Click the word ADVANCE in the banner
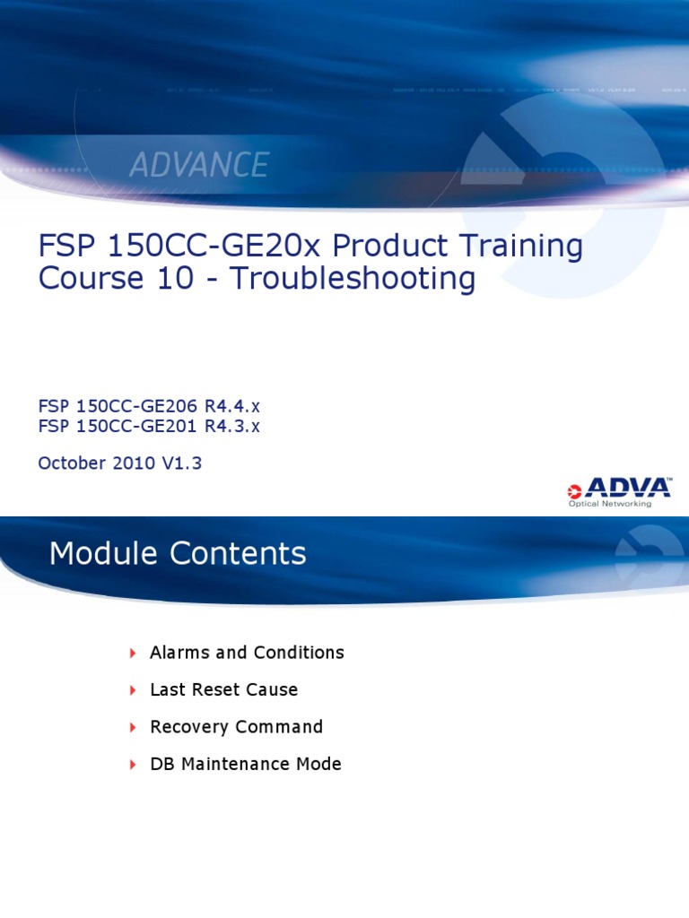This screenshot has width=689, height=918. tap(199, 165)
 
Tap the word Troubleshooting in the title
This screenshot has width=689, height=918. tap(353, 279)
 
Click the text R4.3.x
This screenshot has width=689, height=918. tap(231, 426)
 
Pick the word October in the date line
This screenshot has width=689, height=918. tap(72, 463)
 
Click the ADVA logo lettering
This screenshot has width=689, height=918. tap(627, 489)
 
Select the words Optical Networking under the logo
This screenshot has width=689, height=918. tap(610, 504)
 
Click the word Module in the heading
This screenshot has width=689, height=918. tap(99, 554)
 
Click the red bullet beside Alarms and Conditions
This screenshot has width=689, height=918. tap(133, 653)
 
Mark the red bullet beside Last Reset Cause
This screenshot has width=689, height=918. tap(133, 690)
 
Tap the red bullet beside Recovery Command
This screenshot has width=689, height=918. tap(133, 727)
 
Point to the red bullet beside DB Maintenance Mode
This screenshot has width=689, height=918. tap(133, 765)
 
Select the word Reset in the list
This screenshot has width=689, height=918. tap(214, 690)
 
